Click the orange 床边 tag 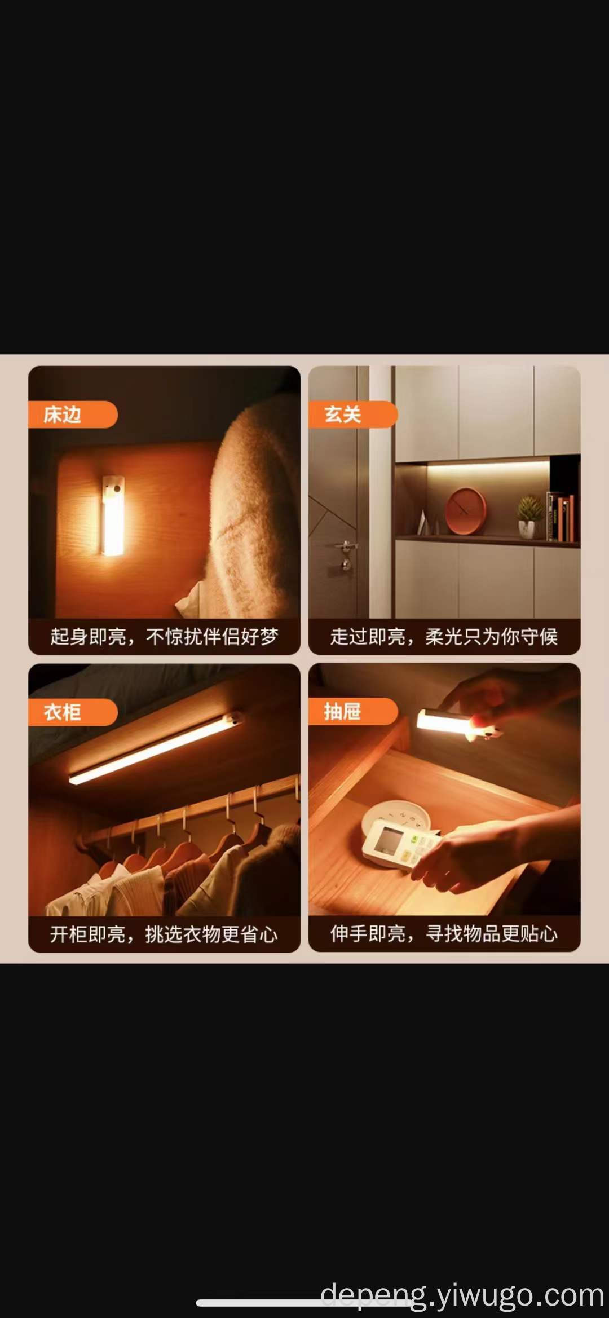pyautogui.click(x=73, y=415)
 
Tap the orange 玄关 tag pyautogui.click(x=353, y=415)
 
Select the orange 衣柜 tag pyautogui.click(x=73, y=712)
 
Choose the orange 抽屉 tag pyautogui.click(x=353, y=712)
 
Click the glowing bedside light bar pyautogui.click(x=113, y=514)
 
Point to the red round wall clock pyautogui.click(x=466, y=511)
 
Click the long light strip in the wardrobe pyautogui.click(x=156, y=749)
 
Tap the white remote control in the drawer pyautogui.click(x=398, y=845)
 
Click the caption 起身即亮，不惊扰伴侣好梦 pyautogui.click(x=164, y=637)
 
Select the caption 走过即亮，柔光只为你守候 pyautogui.click(x=444, y=637)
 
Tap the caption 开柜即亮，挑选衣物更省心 pyautogui.click(x=164, y=934)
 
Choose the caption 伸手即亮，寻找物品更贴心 pyautogui.click(x=444, y=934)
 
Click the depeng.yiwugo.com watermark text pyautogui.click(x=462, y=1294)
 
